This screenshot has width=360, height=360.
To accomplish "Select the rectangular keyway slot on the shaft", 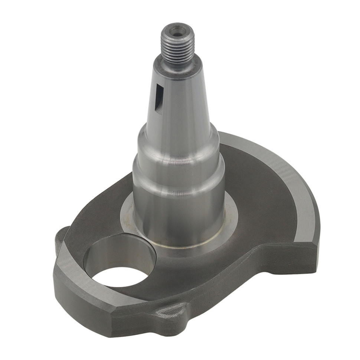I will [159, 98].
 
